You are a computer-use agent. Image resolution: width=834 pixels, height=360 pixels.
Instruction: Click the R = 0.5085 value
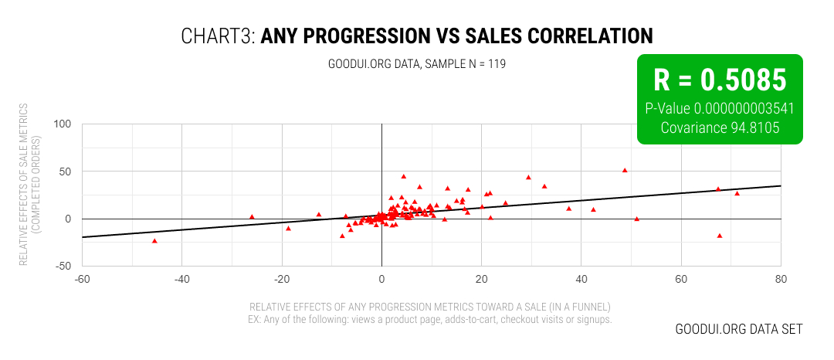(720, 80)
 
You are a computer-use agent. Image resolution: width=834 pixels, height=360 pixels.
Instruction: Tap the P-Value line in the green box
(720, 108)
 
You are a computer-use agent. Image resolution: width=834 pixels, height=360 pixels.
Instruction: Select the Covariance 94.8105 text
(720, 127)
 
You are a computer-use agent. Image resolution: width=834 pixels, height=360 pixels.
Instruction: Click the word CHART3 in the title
(217, 36)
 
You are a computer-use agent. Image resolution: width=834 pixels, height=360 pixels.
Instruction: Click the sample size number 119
(497, 63)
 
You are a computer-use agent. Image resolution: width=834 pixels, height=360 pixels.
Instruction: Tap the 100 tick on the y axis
(62, 124)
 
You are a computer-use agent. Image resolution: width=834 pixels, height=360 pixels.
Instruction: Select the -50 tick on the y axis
(62, 267)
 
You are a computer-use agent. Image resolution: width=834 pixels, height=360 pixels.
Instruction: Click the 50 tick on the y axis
(64, 172)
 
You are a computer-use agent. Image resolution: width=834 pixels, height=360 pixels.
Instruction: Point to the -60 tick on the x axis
(82, 279)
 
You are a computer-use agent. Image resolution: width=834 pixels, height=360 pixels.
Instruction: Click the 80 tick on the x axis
(781, 279)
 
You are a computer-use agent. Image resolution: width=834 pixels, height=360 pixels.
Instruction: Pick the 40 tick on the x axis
(581, 279)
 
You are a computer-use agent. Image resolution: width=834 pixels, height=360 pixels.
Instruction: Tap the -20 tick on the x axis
(281, 279)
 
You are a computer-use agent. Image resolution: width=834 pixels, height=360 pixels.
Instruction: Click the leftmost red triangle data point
(154, 241)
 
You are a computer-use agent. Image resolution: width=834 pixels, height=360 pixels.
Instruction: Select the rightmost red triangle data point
(737, 193)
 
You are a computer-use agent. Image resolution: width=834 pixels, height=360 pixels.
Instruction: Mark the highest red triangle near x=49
(625, 170)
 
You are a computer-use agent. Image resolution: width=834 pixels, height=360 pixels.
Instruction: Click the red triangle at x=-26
(252, 217)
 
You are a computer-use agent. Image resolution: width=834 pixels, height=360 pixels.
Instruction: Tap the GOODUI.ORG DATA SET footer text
(738, 329)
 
